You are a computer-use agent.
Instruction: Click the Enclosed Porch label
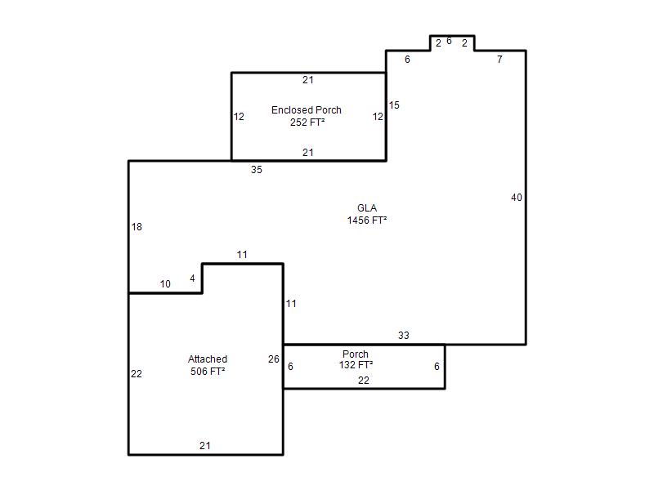[306, 110]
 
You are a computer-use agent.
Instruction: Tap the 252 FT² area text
[307, 122]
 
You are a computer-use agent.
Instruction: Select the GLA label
[367, 208]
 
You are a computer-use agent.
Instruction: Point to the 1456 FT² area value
[366, 220]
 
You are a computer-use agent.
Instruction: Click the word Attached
[208, 359]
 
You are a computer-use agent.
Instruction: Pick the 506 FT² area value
[208, 372]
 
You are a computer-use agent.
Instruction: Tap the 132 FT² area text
[356, 364]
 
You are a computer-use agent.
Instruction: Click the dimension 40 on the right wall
[517, 198]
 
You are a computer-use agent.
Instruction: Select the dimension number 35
[257, 170]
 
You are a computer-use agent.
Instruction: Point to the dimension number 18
[137, 227]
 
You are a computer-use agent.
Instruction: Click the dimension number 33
[403, 336]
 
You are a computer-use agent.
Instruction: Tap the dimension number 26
[274, 359]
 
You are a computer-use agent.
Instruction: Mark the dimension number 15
[394, 105]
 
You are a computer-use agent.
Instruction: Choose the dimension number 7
[499, 60]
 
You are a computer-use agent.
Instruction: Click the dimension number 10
[165, 284]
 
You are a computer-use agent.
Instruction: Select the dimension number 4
[192, 278]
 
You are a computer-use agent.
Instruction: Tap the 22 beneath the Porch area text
[364, 381]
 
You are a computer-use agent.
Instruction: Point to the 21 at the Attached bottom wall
[205, 446]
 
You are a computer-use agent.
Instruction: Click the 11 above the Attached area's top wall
[242, 255]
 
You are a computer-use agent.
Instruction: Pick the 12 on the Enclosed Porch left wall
[239, 117]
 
